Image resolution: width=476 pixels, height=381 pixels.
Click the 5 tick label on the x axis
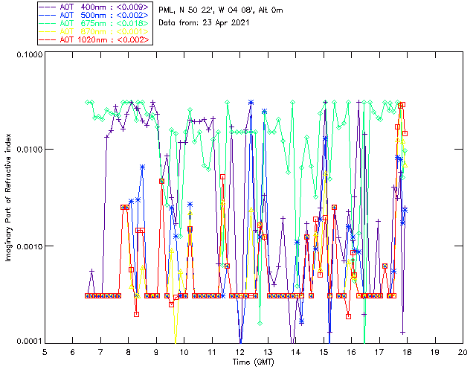45,351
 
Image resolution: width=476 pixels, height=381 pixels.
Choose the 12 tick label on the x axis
239,351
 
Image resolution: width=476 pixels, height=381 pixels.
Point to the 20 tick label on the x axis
463,351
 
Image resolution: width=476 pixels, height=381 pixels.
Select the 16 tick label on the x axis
351,351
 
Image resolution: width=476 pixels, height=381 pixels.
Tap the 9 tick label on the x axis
156,351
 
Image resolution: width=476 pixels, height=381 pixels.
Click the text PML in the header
167,10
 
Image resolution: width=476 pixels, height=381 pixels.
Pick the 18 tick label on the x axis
407,351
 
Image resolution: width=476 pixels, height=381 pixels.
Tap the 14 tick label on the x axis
295,351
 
